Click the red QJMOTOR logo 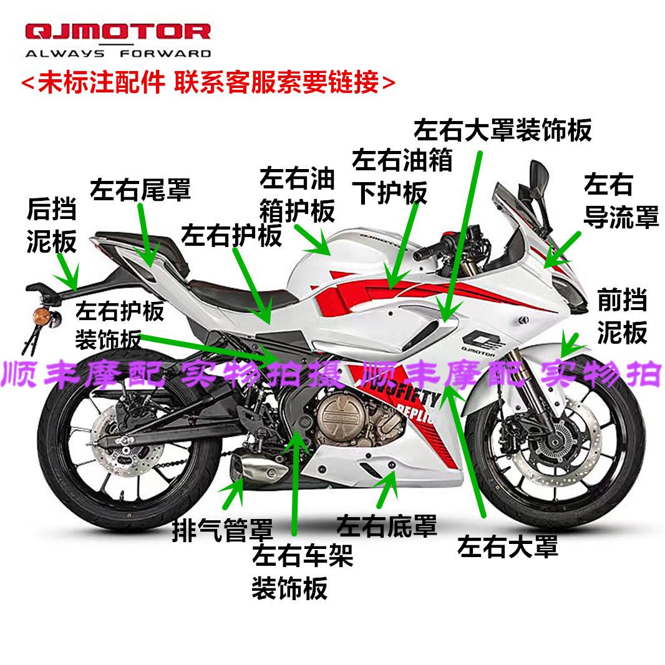[118, 33]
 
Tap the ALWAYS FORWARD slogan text [118, 53]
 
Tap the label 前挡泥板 [622, 318]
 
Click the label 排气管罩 [223, 531]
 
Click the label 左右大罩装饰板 [503, 130]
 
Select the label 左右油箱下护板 [402, 177]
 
